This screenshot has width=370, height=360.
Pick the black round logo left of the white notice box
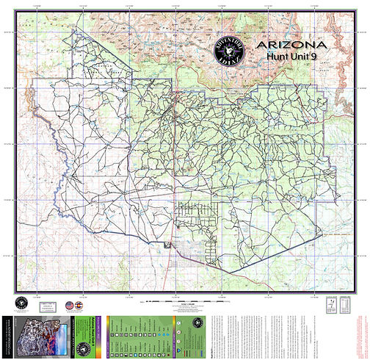tap(21, 304)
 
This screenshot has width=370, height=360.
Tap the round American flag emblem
tap(70, 305)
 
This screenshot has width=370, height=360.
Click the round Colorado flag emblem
tap(80, 305)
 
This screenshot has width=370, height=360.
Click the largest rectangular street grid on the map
tap(194, 220)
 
